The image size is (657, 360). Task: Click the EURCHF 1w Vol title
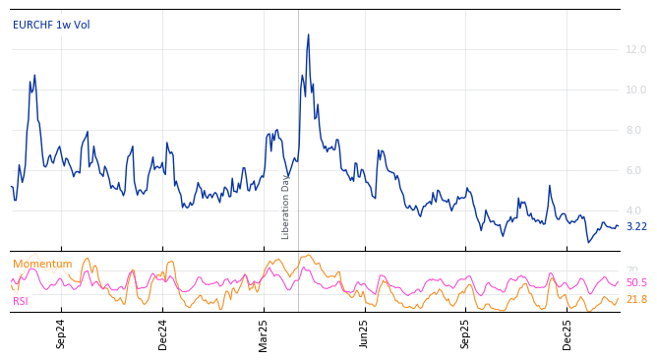click(51, 25)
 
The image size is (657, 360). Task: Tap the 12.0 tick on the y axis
click(636, 49)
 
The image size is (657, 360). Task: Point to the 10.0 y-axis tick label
click(636, 90)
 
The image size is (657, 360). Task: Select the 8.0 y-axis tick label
click(636, 130)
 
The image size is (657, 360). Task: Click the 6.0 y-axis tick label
click(636, 170)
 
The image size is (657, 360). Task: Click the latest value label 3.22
click(636, 226)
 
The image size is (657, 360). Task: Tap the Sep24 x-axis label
click(61, 334)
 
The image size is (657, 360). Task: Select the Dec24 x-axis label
click(163, 334)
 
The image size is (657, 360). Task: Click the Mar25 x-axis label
click(264, 334)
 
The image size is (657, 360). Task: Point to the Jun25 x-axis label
click(364, 334)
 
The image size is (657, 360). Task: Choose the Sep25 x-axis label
click(466, 334)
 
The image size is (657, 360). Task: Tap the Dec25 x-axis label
click(567, 334)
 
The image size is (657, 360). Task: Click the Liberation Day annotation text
click(286, 207)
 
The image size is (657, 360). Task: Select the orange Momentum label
click(42, 264)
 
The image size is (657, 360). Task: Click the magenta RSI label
click(21, 301)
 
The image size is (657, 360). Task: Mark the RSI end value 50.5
click(636, 283)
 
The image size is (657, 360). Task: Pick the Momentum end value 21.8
click(636, 299)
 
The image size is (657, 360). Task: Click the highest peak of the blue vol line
click(308, 34)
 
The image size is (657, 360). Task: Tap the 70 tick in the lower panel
click(632, 270)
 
